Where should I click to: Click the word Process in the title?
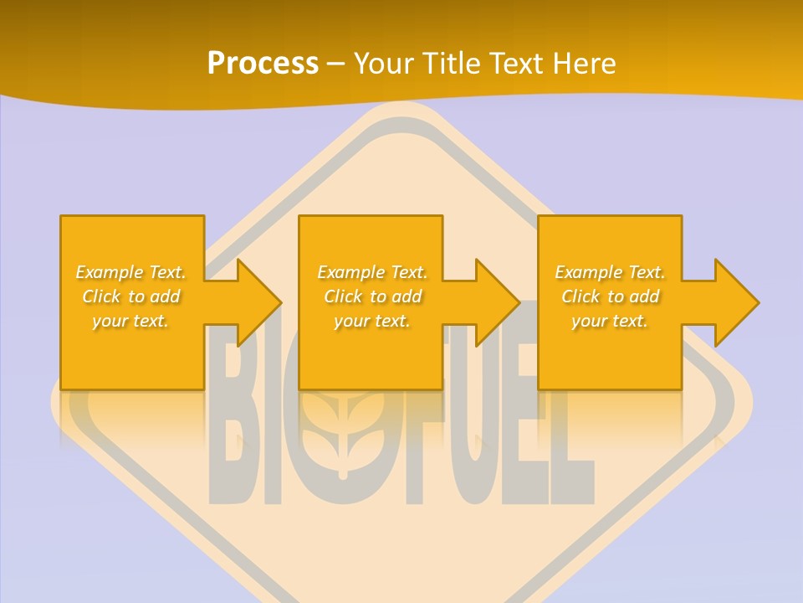(x=263, y=64)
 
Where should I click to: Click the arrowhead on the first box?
(x=258, y=302)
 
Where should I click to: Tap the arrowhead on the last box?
(x=736, y=302)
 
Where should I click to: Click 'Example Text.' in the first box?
(x=131, y=272)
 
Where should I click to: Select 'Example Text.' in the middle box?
(x=372, y=272)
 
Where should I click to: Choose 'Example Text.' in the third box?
(x=610, y=272)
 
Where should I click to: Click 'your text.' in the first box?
(x=130, y=321)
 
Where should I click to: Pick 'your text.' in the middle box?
(x=372, y=321)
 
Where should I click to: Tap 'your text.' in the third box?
(x=610, y=321)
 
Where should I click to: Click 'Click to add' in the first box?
(x=131, y=296)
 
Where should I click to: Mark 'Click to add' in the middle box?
(x=372, y=296)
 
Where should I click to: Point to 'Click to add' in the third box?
(x=610, y=296)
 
